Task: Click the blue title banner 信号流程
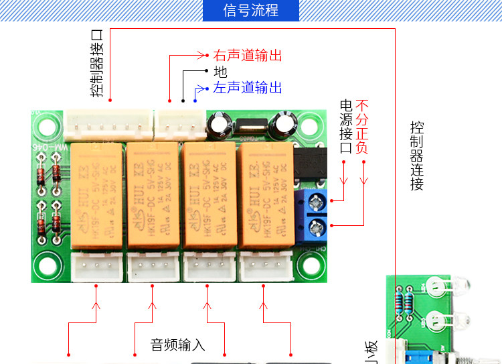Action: point(250,11)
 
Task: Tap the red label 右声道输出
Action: point(248,55)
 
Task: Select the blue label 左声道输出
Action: point(248,88)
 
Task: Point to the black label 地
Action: point(220,72)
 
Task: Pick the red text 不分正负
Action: point(362,127)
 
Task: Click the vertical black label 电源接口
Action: point(346,127)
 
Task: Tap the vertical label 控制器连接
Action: point(417,156)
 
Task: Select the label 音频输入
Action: point(177,345)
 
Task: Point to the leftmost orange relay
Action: point(98,195)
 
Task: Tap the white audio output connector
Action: point(179,123)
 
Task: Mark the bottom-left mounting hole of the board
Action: point(48,265)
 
